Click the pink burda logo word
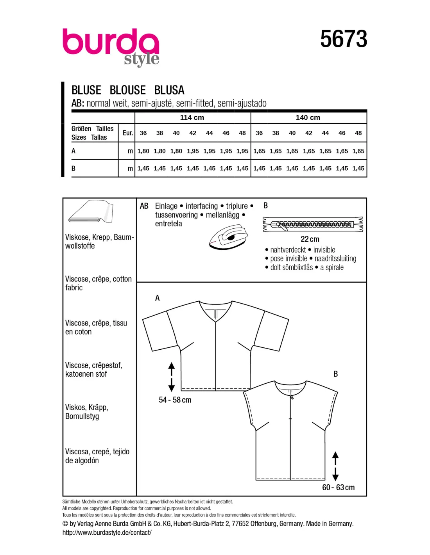pyautogui.click(x=111, y=42)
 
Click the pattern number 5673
pyautogui.click(x=344, y=39)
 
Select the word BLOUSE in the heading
pyautogui.click(x=127, y=90)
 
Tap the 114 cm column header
pyautogui.click(x=192, y=117)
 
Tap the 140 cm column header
pyautogui.click(x=308, y=117)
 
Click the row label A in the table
pyautogui.click(x=73, y=151)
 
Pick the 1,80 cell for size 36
pyautogui.click(x=143, y=151)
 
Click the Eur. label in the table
pyautogui.click(x=127, y=133)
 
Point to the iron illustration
pyautogui.click(x=228, y=237)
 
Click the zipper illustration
pyautogui.click(x=313, y=224)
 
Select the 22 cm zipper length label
pyautogui.click(x=310, y=239)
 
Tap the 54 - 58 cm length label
pyautogui.click(x=175, y=400)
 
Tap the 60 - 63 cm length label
pyautogui.click(x=338, y=487)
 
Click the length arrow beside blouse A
pyautogui.click(x=171, y=377)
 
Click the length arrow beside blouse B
pyautogui.click(x=335, y=466)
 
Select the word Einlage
pyautogui.click(x=166, y=206)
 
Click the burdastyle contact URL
pyautogui.click(x=107, y=532)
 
